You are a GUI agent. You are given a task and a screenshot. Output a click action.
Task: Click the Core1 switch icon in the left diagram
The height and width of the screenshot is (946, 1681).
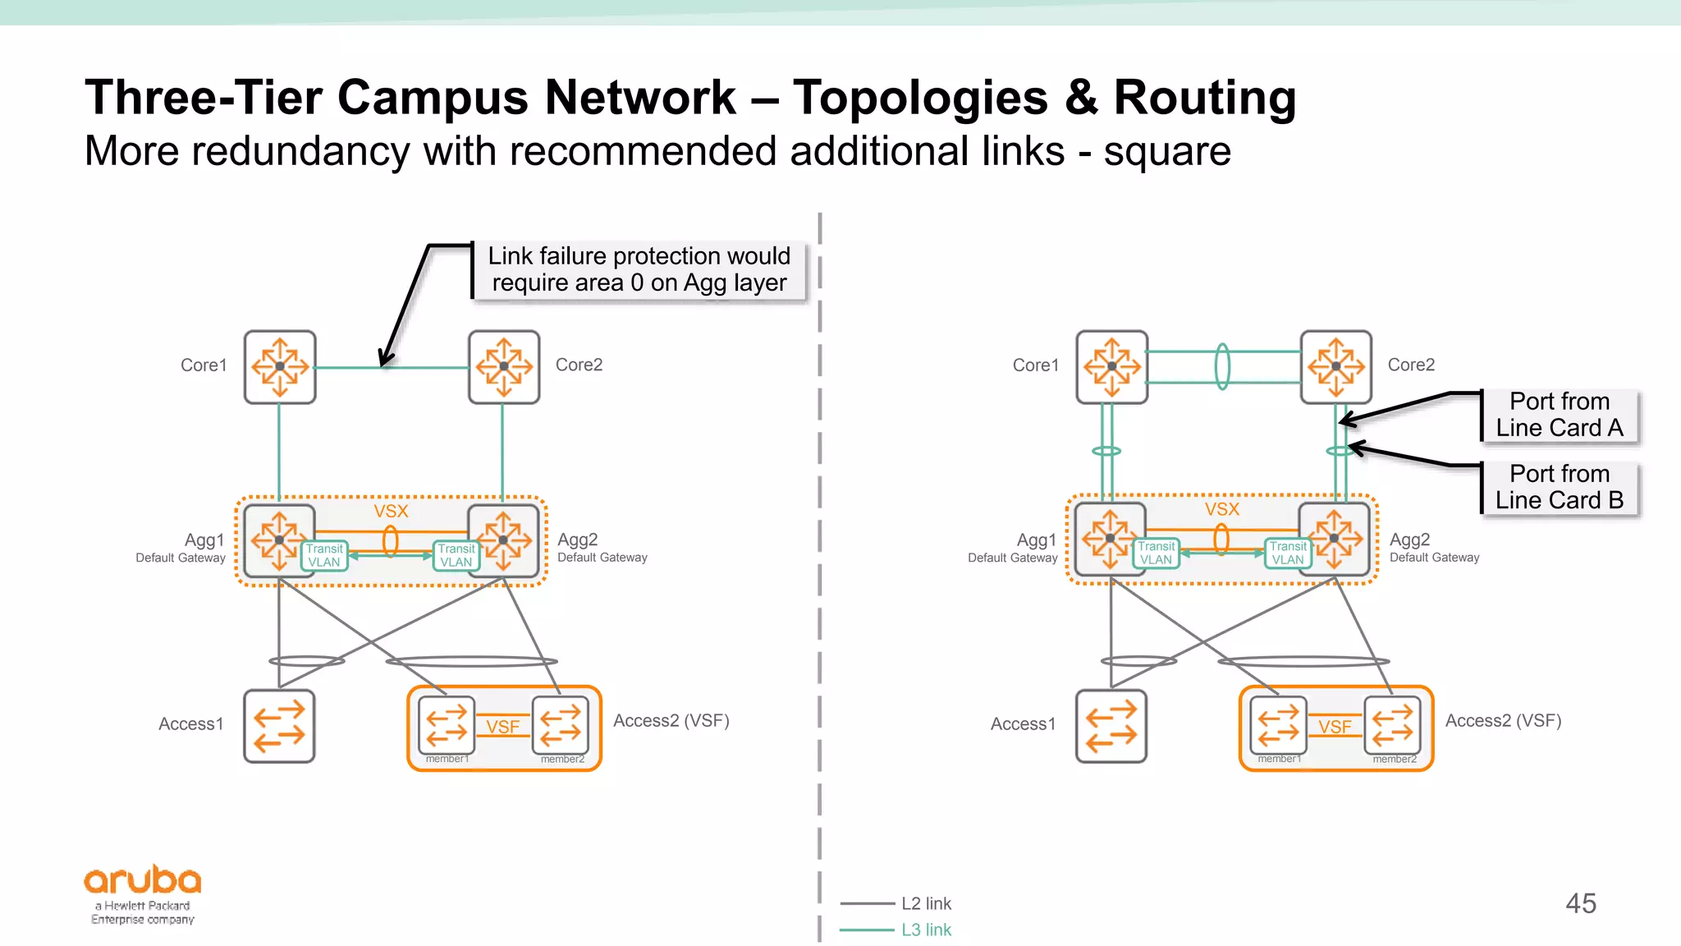(x=280, y=366)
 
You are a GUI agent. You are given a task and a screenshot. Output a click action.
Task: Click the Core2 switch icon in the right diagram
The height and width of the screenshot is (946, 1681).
(x=1335, y=366)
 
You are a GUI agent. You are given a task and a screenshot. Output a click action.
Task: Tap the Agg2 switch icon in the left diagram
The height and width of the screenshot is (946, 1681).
(x=504, y=540)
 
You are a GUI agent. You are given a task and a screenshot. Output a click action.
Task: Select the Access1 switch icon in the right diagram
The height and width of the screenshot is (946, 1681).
(x=1111, y=725)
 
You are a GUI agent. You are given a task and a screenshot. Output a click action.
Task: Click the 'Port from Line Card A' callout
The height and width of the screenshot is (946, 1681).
(x=1560, y=415)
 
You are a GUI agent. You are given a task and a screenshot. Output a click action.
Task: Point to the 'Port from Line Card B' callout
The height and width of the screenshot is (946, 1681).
(x=1560, y=487)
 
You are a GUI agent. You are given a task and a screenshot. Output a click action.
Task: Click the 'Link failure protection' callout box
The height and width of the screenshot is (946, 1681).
(x=639, y=269)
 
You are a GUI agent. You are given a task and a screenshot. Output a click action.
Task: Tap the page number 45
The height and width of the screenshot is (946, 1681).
(x=1580, y=903)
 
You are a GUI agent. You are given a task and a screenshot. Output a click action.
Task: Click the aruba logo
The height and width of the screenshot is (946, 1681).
(x=143, y=881)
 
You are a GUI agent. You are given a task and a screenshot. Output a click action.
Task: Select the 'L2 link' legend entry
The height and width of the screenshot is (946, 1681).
(x=926, y=903)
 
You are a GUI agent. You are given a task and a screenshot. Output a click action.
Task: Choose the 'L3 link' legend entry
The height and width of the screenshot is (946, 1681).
(x=926, y=930)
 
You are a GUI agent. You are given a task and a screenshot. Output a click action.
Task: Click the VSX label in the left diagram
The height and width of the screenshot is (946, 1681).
(x=391, y=512)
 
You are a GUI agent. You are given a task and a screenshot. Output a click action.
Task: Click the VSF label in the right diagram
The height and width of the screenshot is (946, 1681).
(x=1335, y=727)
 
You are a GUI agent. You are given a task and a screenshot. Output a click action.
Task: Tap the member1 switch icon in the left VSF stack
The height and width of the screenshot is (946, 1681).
(x=447, y=724)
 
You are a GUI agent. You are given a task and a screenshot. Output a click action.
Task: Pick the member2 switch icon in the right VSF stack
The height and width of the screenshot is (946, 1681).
(x=1393, y=724)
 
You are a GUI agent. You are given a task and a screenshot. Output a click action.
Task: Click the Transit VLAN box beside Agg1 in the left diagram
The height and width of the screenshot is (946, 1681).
(x=325, y=556)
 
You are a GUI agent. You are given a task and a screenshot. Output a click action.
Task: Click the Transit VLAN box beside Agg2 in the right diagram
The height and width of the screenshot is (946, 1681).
(x=1288, y=553)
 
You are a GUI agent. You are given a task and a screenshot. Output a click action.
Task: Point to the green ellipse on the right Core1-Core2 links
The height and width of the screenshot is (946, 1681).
(x=1222, y=366)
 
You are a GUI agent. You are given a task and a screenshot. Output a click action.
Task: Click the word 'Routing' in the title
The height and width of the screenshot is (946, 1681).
(x=1204, y=98)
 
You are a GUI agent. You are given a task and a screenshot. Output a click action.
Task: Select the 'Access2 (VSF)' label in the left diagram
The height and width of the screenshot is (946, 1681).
(x=671, y=720)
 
